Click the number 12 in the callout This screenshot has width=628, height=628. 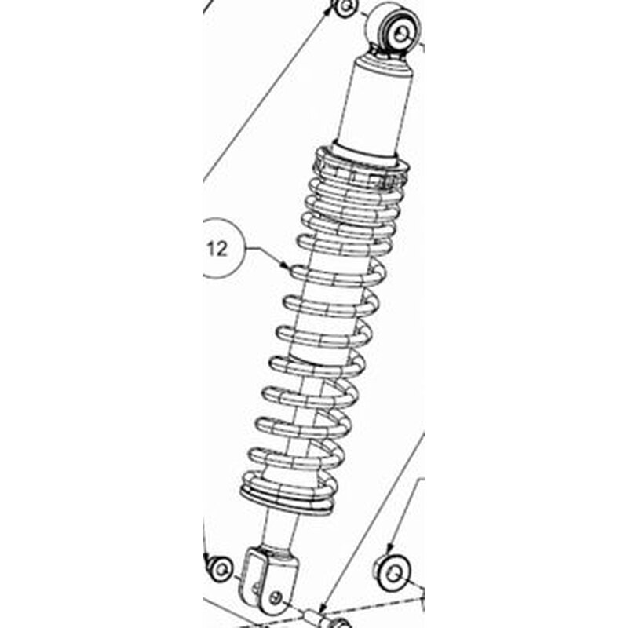217,249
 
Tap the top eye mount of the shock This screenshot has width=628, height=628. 394,30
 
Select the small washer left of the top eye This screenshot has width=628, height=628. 346,7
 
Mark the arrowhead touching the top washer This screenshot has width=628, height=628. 329,9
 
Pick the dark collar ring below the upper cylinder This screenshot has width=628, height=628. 364,155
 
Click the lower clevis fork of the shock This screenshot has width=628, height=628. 268,579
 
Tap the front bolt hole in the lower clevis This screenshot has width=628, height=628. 276,598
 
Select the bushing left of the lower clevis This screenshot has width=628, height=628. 220,568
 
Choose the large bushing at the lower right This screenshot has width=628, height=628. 392,573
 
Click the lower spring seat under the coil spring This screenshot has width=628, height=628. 287,501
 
